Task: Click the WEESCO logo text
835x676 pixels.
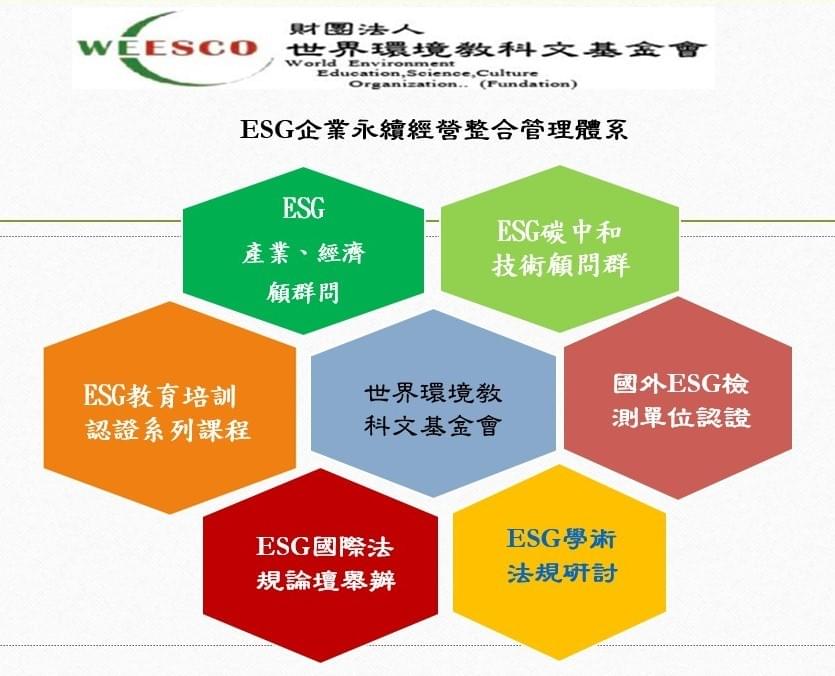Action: [167, 48]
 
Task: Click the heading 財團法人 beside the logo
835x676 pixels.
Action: [356, 28]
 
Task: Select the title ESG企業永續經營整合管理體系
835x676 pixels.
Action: [434, 129]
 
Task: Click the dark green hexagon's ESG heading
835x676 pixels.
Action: [303, 208]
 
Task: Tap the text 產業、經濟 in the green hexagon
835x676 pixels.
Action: [304, 253]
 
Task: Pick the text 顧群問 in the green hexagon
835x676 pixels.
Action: [303, 291]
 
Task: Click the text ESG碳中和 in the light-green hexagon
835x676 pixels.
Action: [559, 232]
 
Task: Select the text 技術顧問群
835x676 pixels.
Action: [561, 264]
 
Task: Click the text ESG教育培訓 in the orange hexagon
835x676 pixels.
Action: [160, 396]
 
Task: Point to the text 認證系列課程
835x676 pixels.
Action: [168, 429]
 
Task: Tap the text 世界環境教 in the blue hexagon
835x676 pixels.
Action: [433, 393]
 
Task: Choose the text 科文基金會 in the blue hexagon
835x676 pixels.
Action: [433, 425]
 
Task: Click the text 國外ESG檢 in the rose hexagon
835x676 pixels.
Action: [681, 384]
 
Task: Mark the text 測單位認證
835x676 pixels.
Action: [681, 417]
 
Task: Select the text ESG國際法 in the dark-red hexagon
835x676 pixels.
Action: [325, 547]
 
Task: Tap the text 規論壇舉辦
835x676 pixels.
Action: [326, 580]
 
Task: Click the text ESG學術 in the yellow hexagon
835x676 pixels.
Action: [561, 539]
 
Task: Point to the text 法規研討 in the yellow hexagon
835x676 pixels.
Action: [562, 573]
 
